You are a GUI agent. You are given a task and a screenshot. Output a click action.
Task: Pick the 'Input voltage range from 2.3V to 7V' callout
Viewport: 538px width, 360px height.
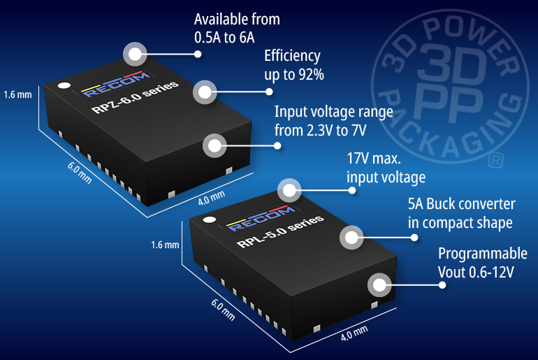[x=323, y=120]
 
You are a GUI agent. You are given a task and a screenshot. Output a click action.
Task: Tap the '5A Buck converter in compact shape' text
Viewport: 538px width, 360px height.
[x=461, y=213]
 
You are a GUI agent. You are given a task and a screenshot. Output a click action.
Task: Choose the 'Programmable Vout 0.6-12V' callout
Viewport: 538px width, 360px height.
[x=482, y=262]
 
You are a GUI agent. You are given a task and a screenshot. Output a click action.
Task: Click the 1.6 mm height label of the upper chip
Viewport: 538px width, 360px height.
[x=17, y=94]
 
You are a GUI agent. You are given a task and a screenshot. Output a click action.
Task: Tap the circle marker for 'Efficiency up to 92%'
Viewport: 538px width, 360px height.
[x=204, y=92]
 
